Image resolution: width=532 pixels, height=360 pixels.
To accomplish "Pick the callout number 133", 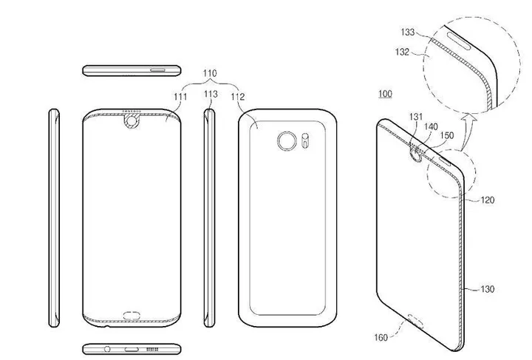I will tap(409, 33).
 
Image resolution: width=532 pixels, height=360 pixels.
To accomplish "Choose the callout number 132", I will tap(403, 52).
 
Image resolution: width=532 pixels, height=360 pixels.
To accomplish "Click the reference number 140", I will tap(431, 128).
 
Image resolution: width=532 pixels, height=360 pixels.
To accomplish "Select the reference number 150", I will tap(447, 136).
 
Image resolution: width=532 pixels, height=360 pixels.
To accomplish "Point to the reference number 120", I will tap(488, 200).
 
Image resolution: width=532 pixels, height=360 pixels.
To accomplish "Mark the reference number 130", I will tap(486, 289).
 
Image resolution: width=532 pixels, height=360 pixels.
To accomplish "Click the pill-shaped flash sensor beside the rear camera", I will tap(303, 139).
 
